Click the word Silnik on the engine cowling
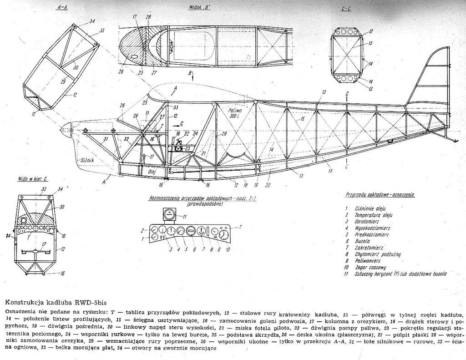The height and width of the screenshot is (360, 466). click(86, 160)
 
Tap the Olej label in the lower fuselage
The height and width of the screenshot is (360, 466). click(152, 172)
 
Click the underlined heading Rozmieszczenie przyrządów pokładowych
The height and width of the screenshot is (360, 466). click(191, 199)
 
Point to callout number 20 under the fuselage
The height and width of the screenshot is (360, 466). click(268, 186)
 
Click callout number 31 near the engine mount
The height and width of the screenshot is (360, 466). click(105, 139)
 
